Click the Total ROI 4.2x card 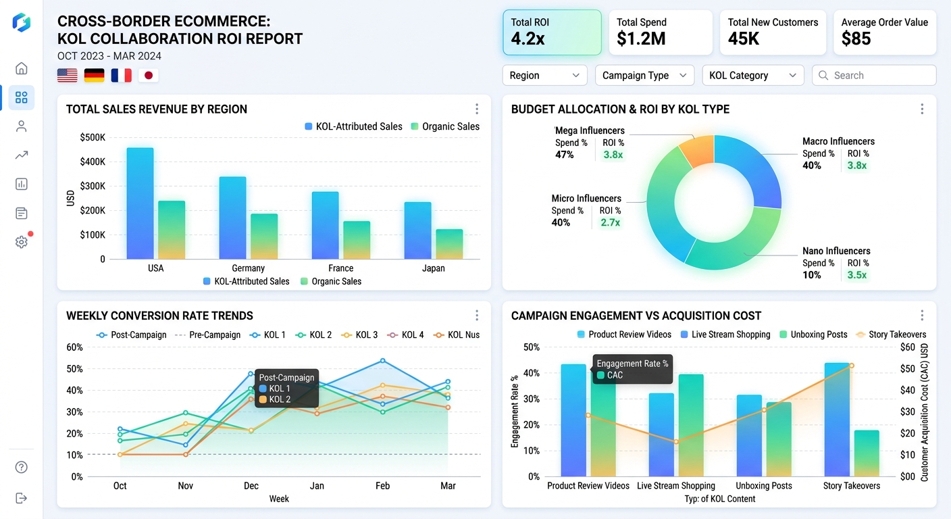tap(552, 32)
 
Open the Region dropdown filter tap(544, 76)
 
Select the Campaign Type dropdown tap(644, 76)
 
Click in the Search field tap(874, 76)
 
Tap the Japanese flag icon tap(149, 76)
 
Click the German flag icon tap(94, 76)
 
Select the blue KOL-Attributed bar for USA tap(140, 203)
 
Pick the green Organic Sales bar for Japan tap(449, 244)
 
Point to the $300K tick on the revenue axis tap(93, 186)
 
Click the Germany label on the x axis tap(248, 268)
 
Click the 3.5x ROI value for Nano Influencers tap(857, 275)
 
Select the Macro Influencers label tap(838, 141)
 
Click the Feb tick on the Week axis tap(382, 486)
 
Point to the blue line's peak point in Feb tap(383, 360)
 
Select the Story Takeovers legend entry tap(891, 335)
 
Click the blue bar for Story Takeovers tap(837, 419)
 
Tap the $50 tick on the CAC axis tap(907, 369)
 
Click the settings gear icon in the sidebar tap(22, 242)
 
